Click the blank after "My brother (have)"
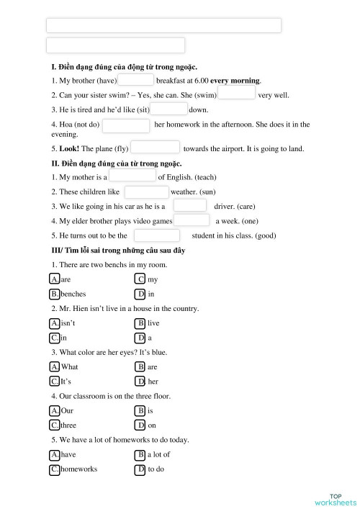point(135,81)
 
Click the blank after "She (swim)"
point(236,94)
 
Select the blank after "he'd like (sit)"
point(169,109)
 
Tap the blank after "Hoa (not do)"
point(125,126)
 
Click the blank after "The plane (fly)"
point(156,148)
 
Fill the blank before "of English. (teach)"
point(132,176)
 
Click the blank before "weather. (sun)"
point(146,192)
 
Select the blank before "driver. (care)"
point(189,207)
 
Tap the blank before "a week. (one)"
point(192,221)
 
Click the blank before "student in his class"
point(156,235)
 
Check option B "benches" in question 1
point(55,294)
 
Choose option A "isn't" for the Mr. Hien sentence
point(55,323)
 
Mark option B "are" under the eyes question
point(140,367)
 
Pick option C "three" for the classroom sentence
point(55,425)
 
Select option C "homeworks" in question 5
point(55,469)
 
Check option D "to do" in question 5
point(140,469)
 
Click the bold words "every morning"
point(235,81)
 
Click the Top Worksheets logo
point(336,499)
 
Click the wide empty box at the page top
point(163,26)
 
